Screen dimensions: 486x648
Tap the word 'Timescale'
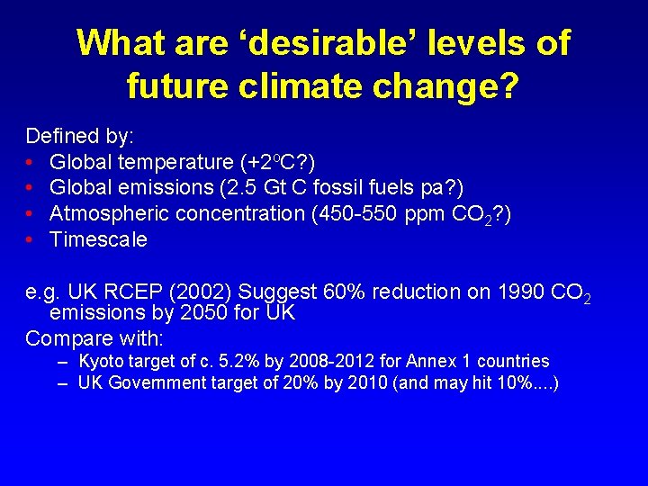pyautogui.click(x=98, y=240)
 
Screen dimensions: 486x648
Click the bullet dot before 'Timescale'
pyautogui.click(x=31, y=240)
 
